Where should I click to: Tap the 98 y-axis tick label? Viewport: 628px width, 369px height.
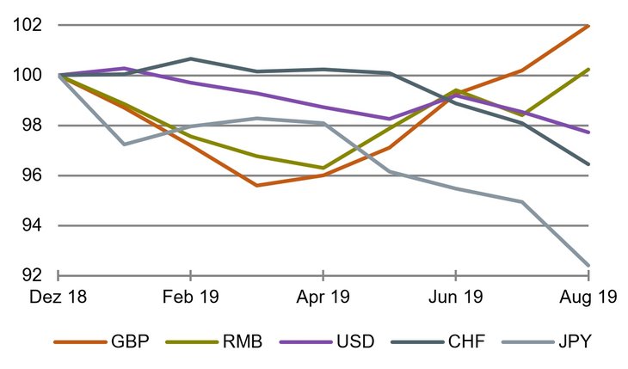28,126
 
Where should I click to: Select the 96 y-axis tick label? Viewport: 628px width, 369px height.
28,175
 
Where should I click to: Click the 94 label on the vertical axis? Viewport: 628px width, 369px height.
28,225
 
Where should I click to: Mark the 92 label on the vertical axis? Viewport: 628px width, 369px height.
28,275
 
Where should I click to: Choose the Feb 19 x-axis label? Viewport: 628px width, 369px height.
190,298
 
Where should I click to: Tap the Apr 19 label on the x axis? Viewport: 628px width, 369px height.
323,298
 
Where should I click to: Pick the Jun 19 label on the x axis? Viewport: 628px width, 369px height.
455,298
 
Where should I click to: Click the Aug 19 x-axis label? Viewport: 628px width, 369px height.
588,298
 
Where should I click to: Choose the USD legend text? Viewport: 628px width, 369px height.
354,341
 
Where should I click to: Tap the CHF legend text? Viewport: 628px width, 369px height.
464,341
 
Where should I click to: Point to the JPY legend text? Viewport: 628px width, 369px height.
569,341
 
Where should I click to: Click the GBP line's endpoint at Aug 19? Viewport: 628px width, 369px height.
588,26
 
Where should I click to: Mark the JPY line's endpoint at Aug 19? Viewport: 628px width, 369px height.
588,265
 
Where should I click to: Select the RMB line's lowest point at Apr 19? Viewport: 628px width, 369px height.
323,168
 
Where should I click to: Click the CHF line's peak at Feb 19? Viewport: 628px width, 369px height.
190,58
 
